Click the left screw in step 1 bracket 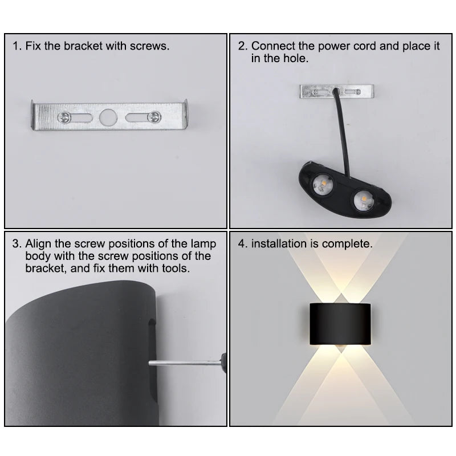(x=64, y=117)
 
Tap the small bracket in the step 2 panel (x=337, y=91)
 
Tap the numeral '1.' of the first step (x=17, y=46)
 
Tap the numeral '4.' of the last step (x=243, y=244)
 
